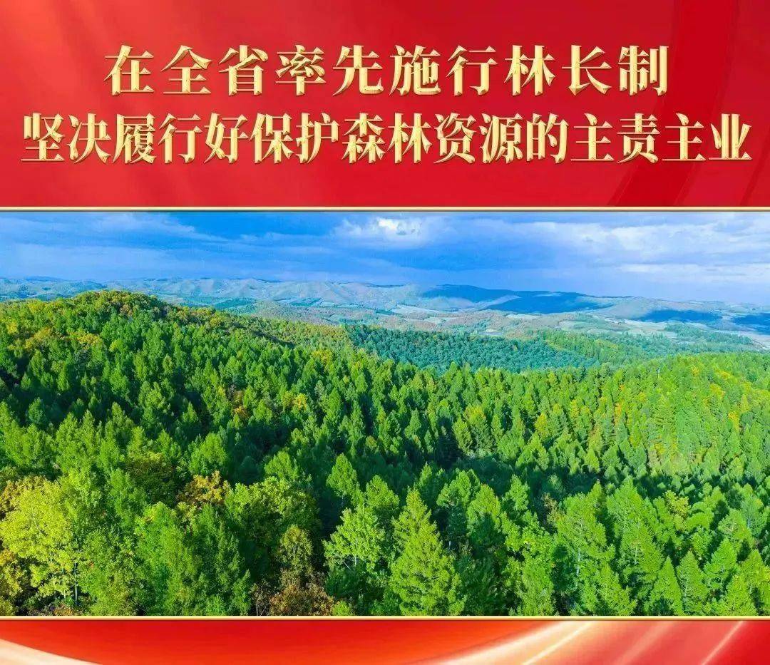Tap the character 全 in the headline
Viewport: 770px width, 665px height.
click(x=187, y=70)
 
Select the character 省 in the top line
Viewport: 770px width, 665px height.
click(x=243, y=70)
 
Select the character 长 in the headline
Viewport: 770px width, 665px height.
click(x=586, y=70)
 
